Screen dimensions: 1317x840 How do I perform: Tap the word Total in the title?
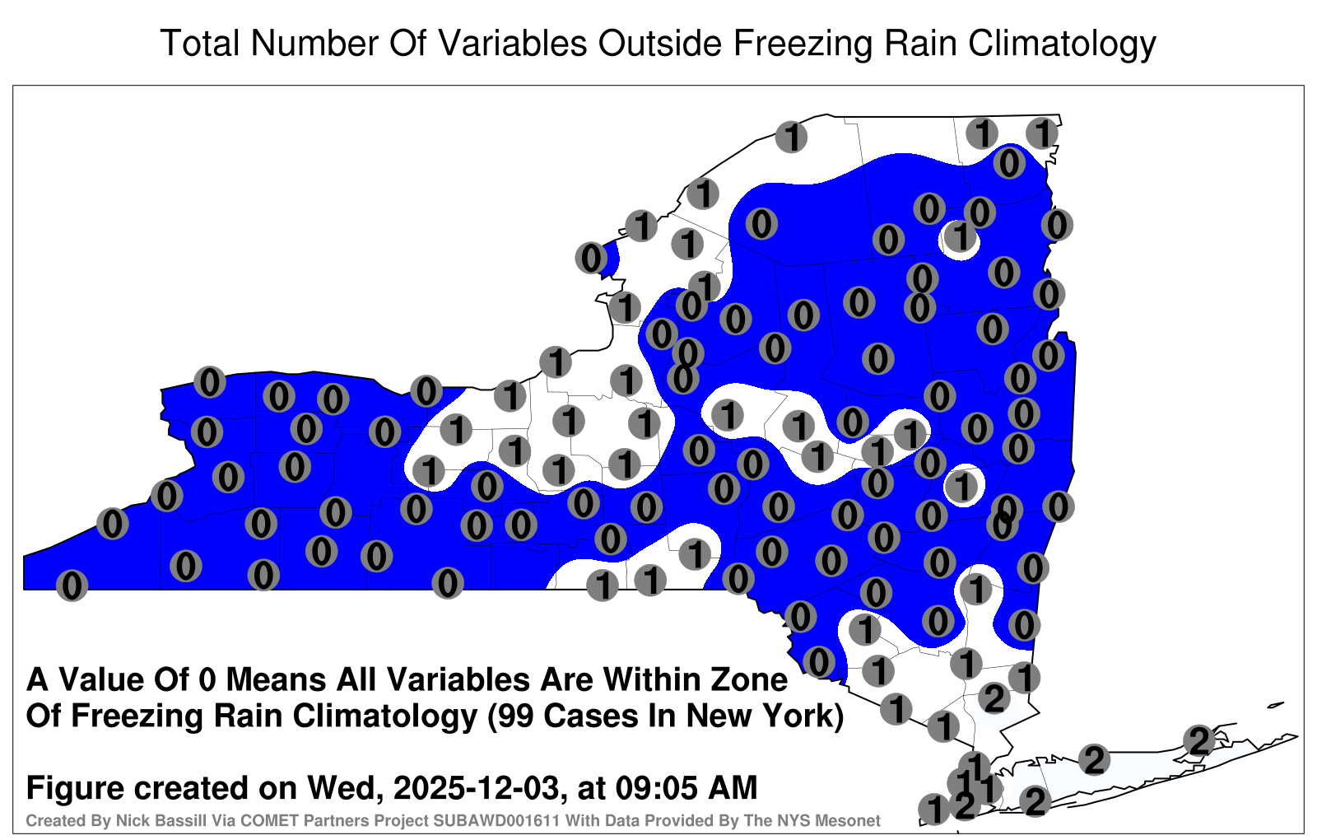click(201, 43)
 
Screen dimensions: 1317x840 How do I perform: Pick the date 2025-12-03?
click(476, 787)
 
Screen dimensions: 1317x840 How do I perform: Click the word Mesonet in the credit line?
click(851, 820)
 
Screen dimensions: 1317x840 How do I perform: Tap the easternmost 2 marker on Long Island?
click(1198, 740)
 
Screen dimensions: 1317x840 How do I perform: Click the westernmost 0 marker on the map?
click(72, 586)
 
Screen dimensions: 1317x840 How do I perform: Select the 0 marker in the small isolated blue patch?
click(592, 258)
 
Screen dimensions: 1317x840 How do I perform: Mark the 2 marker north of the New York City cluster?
click(994, 699)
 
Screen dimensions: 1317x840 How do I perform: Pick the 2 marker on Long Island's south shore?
click(1035, 801)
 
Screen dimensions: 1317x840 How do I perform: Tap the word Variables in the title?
click(511, 43)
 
